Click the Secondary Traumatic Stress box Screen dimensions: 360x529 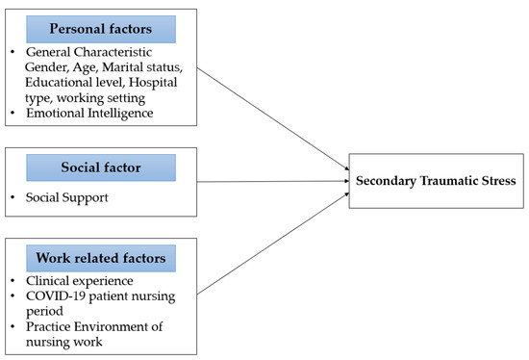[x=435, y=180]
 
